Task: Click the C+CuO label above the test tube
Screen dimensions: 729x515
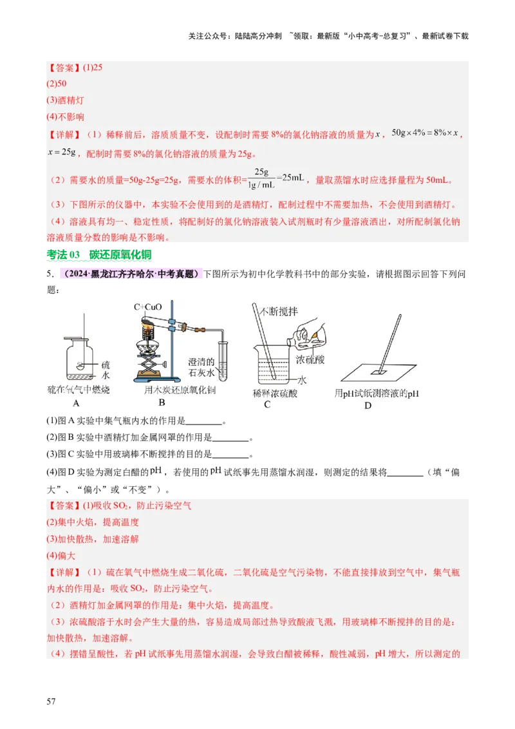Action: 149,307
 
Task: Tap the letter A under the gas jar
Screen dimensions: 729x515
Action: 76,404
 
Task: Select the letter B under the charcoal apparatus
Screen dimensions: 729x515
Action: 162,402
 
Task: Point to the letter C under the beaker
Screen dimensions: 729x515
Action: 267,404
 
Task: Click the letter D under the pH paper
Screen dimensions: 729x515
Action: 368,405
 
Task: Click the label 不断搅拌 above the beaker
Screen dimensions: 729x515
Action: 278,311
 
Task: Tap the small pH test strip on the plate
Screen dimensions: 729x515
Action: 377,371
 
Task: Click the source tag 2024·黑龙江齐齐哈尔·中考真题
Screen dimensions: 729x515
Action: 131,275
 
